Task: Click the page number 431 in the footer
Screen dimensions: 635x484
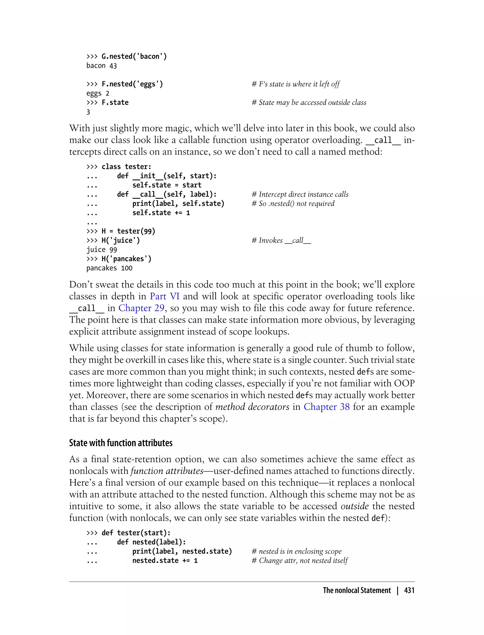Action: (x=409, y=591)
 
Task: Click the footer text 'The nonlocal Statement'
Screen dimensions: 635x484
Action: (x=357, y=591)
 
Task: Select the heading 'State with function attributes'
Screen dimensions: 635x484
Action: (x=121, y=443)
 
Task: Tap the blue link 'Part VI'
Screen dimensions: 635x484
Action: (x=164, y=296)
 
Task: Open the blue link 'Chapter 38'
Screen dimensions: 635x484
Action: (x=327, y=407)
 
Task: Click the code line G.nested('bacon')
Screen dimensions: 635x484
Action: (x=134, y=56)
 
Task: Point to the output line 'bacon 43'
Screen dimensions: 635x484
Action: (x=101, y=66)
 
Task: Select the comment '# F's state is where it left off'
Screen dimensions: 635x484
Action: (x=296, y=84)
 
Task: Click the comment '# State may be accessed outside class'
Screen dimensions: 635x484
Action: (x=309, y=103)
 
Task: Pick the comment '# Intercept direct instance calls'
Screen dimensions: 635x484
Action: (x=300, y=194)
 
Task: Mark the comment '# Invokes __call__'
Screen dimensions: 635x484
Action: (x=281, y=240)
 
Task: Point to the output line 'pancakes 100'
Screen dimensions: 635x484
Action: (x=109, y=268)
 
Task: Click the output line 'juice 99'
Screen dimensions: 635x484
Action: (x=101, y=250)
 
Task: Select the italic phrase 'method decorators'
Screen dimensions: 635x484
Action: (x=252, y=407)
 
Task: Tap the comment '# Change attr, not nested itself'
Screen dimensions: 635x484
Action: (x=300, y=560)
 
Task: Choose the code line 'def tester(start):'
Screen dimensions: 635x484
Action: (x=136, y=533)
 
